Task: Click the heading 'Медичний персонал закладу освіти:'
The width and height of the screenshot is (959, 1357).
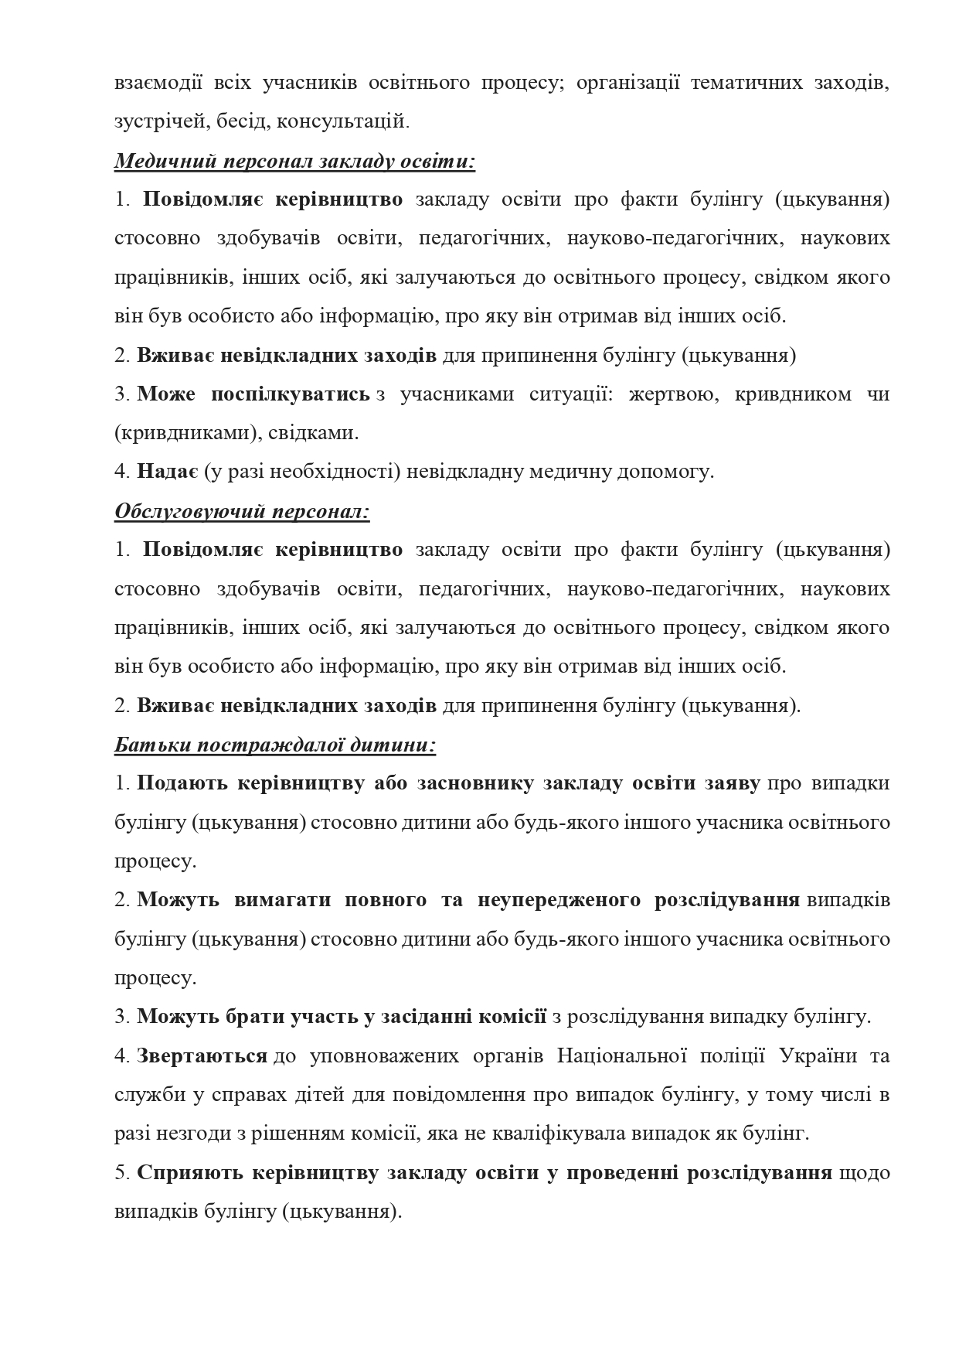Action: coord(294,161)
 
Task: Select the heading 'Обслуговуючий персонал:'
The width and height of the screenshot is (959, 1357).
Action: coord(242,511)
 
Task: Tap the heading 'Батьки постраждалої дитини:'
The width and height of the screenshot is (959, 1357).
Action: coord(275,745)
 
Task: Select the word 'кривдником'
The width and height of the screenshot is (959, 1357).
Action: coord(790,394)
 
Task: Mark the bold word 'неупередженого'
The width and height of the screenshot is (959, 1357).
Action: coord(559,900)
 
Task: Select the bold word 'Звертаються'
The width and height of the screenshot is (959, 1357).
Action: coord(202,1055)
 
